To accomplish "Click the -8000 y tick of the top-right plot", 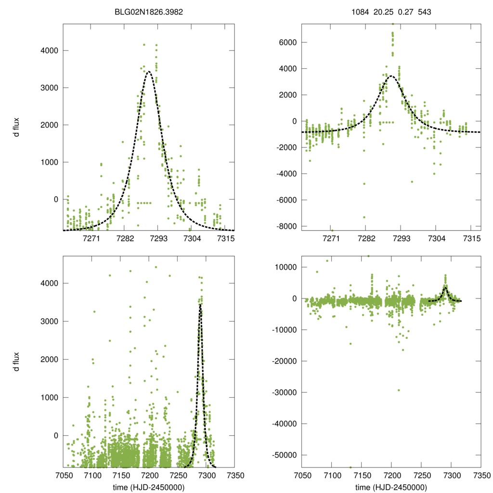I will pos(285,226).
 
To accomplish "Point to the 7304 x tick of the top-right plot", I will pos(436,239).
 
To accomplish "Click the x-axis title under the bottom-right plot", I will pos(391,487).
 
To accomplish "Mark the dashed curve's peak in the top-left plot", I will pos(149,72).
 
